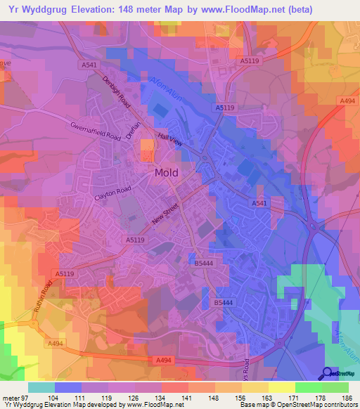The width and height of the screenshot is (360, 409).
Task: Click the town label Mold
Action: (166, 172)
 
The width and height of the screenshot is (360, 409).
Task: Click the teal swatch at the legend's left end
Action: (41, 387)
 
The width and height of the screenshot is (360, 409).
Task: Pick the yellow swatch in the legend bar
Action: (281, 387)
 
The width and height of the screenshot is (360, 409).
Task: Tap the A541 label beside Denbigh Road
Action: (89, 65)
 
